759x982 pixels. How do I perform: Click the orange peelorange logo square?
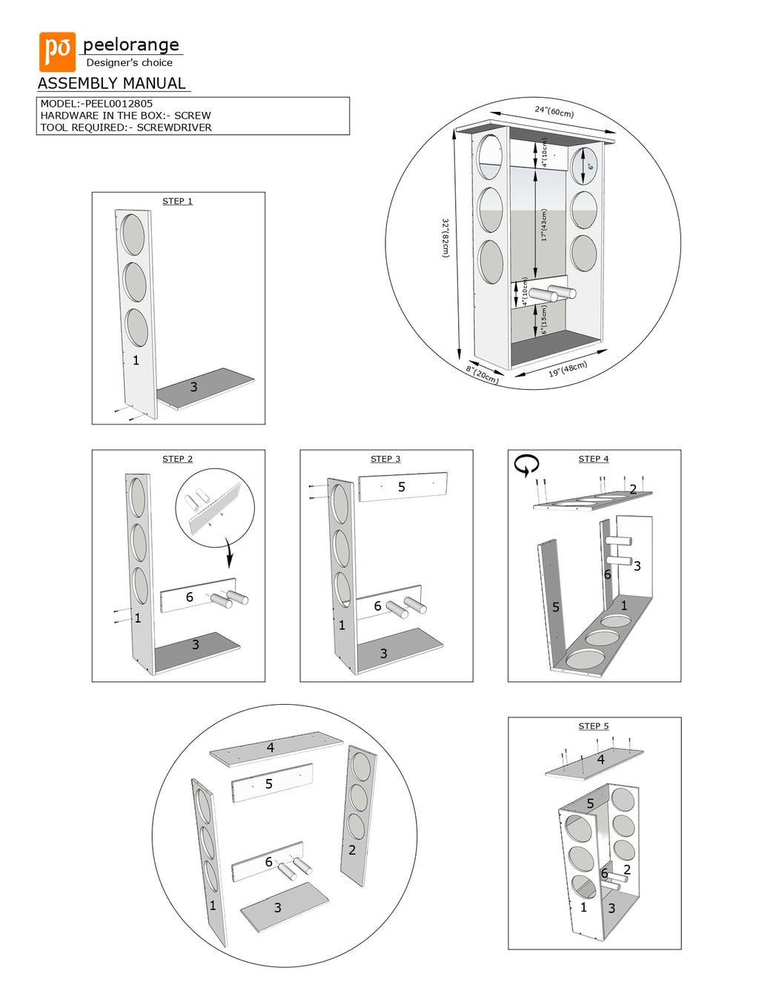pos(57,51)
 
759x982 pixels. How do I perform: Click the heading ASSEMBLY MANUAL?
pos(112,84)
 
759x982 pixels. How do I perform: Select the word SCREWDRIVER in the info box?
pos(174,127)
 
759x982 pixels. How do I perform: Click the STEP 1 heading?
pos(177,202)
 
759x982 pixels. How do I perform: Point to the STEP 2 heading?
pos(177,460)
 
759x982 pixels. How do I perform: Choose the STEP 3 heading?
pos(385,460)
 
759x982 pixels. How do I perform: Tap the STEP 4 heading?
pos(593,460)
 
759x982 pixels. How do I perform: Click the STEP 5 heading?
pos(593,726)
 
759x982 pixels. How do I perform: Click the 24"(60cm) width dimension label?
pos(554,112)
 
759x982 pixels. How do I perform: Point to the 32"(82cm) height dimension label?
pos(445,237)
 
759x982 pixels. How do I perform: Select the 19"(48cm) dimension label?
pos(568,369)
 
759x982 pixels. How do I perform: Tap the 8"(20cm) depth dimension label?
pos(483,374)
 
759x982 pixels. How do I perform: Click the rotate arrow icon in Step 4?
pos(526,465)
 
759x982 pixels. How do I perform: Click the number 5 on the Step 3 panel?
pos(402,487)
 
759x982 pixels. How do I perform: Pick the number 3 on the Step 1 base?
pos(193,387)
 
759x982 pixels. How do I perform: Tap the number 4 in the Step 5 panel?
pos(601,760)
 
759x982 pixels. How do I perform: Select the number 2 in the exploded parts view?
pos(352,850)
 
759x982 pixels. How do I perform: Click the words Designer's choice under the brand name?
pos(129,63)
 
